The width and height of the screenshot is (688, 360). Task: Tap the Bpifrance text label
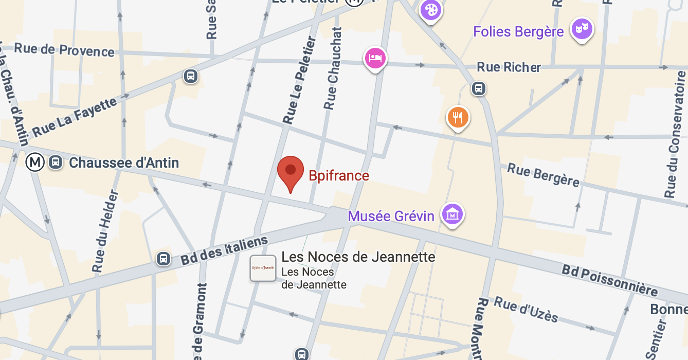[x=339, y=176]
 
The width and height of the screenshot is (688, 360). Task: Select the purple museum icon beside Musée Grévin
[x=452, y=213]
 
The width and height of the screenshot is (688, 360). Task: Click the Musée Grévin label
[x=391, y=216]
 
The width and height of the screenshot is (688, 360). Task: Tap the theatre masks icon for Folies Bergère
[x=582, y=29]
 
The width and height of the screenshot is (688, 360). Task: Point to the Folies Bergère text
[x=518, y=32]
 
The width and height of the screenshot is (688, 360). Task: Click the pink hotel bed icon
[x=375, y=58]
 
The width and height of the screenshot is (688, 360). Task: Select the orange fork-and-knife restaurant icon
[x=458, y=117]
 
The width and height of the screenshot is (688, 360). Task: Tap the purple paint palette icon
[x=431, y=10]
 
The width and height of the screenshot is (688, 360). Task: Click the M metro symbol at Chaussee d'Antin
[x=35, y=163]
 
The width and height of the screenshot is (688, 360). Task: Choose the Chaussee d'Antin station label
[x=124, y=163]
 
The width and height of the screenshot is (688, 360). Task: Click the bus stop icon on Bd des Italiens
[x=164, y=258]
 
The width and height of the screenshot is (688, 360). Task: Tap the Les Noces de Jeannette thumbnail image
[x=263, y=268]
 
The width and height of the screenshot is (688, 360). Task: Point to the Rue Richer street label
[x=509, y=67]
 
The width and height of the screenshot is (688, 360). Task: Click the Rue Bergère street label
[x=543, y=175]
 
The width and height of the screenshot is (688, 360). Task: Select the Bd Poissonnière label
[x=609, y=280]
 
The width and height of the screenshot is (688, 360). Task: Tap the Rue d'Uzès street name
[x=526, y=309]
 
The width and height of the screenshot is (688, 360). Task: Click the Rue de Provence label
[x=64, y=50]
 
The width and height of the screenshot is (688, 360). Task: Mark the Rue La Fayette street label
[x=75, y=118]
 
